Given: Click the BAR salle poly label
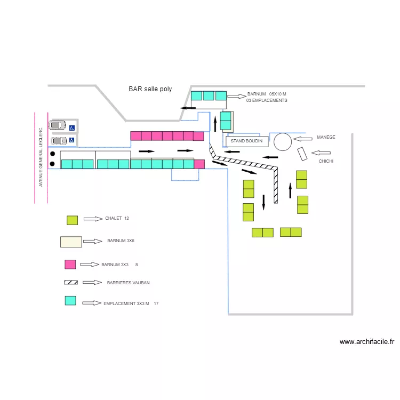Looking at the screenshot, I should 150,89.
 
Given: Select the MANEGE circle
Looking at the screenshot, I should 283,142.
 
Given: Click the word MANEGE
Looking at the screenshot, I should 326,137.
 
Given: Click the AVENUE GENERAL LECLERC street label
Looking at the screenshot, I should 41,157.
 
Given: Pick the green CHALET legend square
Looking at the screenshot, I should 73,220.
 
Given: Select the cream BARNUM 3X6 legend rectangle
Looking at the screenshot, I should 71,242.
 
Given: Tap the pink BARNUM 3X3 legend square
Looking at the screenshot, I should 70,264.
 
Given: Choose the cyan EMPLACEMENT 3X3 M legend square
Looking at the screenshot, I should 70,300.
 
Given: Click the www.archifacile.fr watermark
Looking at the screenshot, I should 366,342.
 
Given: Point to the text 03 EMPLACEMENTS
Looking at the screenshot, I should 267,100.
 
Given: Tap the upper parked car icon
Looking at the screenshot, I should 57,125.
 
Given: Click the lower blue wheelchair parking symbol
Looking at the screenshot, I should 71,140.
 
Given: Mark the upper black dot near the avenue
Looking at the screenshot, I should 53,154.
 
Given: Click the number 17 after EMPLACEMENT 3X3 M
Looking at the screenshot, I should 156,303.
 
